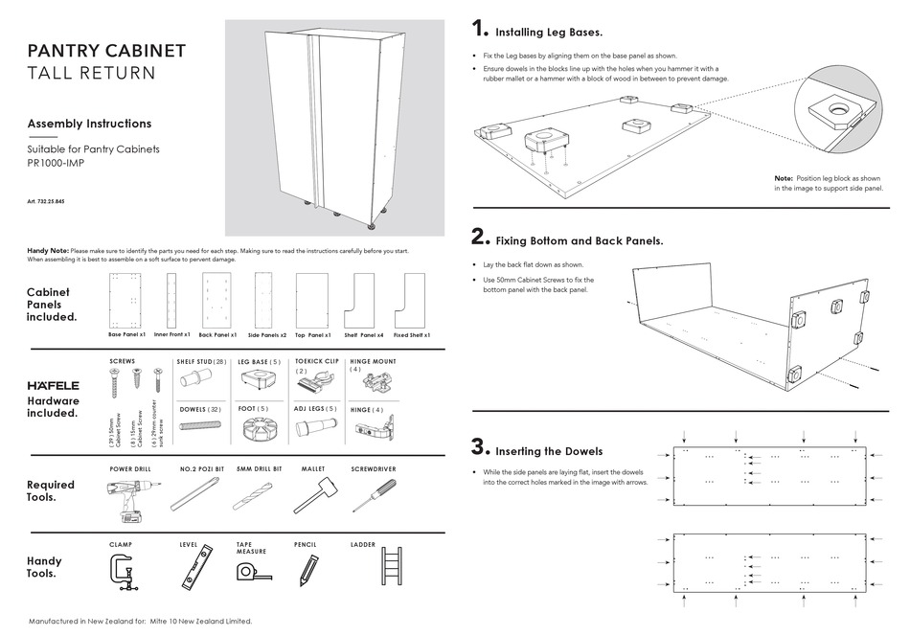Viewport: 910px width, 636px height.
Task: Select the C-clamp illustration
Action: (x=125, y=574)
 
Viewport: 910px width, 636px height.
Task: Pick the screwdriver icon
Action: (x=371, y=496)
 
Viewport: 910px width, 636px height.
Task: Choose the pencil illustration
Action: (x=307, y=572)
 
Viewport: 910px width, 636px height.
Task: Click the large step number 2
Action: (x=480, y=238)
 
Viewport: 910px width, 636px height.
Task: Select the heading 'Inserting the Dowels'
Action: (x=549, y=451)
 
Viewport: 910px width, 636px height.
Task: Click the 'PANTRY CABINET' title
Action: (x=106, y=51)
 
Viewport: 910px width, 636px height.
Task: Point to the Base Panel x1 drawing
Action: (x=126, y=301)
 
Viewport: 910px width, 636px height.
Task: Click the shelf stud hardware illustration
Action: (x=197, y=381)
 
